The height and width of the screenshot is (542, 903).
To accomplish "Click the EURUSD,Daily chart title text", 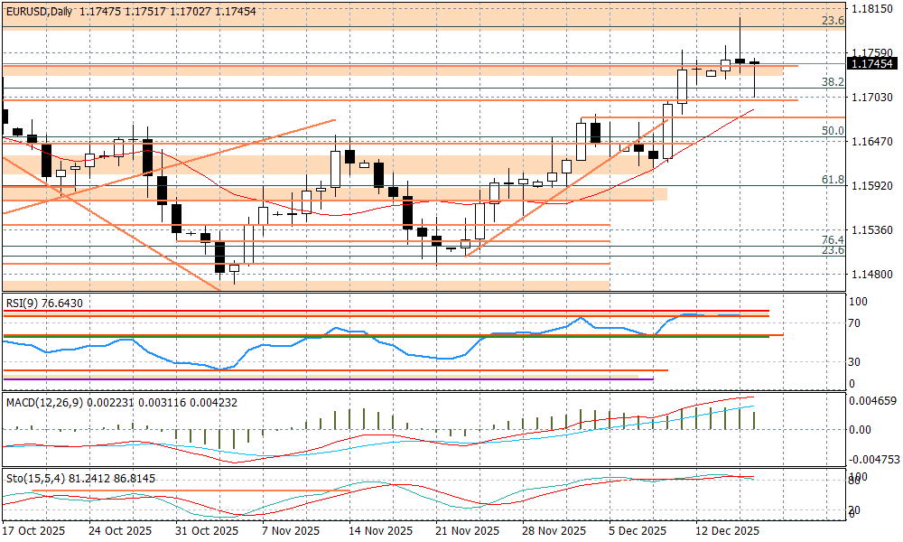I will point(38,11).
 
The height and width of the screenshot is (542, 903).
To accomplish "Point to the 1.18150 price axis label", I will point(872,10).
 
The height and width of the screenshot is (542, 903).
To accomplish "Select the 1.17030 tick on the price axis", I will point(872,98).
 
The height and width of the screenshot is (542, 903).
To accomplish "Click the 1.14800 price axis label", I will point(872,274).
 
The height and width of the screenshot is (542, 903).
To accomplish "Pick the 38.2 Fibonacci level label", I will point(832,82).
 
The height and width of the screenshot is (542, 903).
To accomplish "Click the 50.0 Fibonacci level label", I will point(832,131).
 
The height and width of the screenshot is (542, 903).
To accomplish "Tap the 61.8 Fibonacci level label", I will point(832,181).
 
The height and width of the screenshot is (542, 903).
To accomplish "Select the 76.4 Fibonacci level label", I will point(832,239).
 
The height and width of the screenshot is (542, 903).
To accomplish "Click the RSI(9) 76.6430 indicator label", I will point(44,304).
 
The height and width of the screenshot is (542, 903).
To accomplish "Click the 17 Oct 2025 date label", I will point(34,530).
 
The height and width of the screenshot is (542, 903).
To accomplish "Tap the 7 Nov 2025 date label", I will point(291,530).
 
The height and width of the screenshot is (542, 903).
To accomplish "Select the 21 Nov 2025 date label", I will point(466,530).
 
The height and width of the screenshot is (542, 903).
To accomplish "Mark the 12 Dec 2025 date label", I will point(728,530).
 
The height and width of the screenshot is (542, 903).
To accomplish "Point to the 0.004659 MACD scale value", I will point(872,399).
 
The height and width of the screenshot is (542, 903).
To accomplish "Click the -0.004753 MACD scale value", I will point(872,459).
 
